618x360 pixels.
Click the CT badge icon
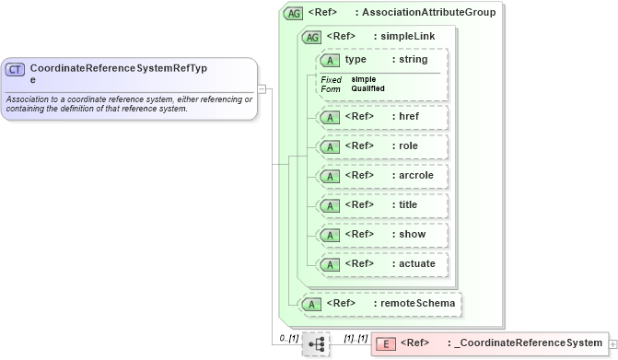click(x=15, y=70)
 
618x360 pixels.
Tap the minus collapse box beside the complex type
click(x=262, y=89)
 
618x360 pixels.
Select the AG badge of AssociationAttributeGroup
click(x=294, y=13)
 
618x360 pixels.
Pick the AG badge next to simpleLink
click(x=312, y=37)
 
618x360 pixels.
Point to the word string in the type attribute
click(x=414, y=60)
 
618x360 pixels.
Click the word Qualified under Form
click(x=367, y=88)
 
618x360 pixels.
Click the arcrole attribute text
click(x=416, y=175)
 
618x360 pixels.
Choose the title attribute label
click(x=407, y=204)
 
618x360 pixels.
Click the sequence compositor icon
click(x=315, y=344)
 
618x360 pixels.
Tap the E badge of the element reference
click(x=387, y=344)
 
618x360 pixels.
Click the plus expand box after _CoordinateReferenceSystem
click(x=612, y=344)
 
